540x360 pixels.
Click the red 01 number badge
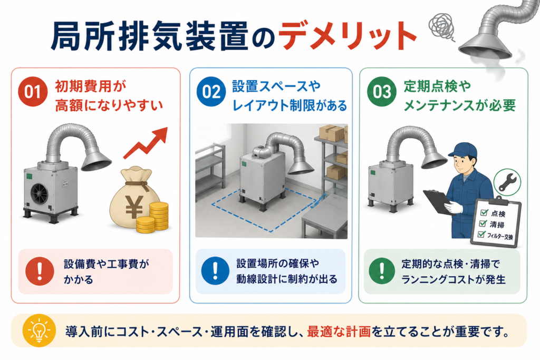tap(33, 91)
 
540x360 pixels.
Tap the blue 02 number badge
tap(211, 91)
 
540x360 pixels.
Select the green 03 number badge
tap(382, 91)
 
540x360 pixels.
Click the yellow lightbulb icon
tap(38, 330)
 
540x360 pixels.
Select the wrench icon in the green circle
tap(507, 182)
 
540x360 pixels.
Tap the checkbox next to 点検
tap(484, 212)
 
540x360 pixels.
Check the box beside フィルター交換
tap(481, 235)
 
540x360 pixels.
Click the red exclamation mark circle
tap(40, 271)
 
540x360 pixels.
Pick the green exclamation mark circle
tap(382, 271)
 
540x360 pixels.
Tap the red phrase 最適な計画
tap(339, 331)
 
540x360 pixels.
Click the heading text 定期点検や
tap(437, 86)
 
